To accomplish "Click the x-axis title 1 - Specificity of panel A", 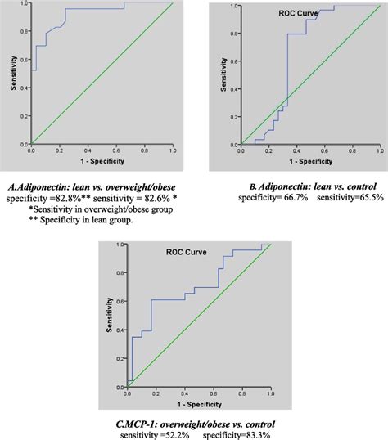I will (x=102, y=161).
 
